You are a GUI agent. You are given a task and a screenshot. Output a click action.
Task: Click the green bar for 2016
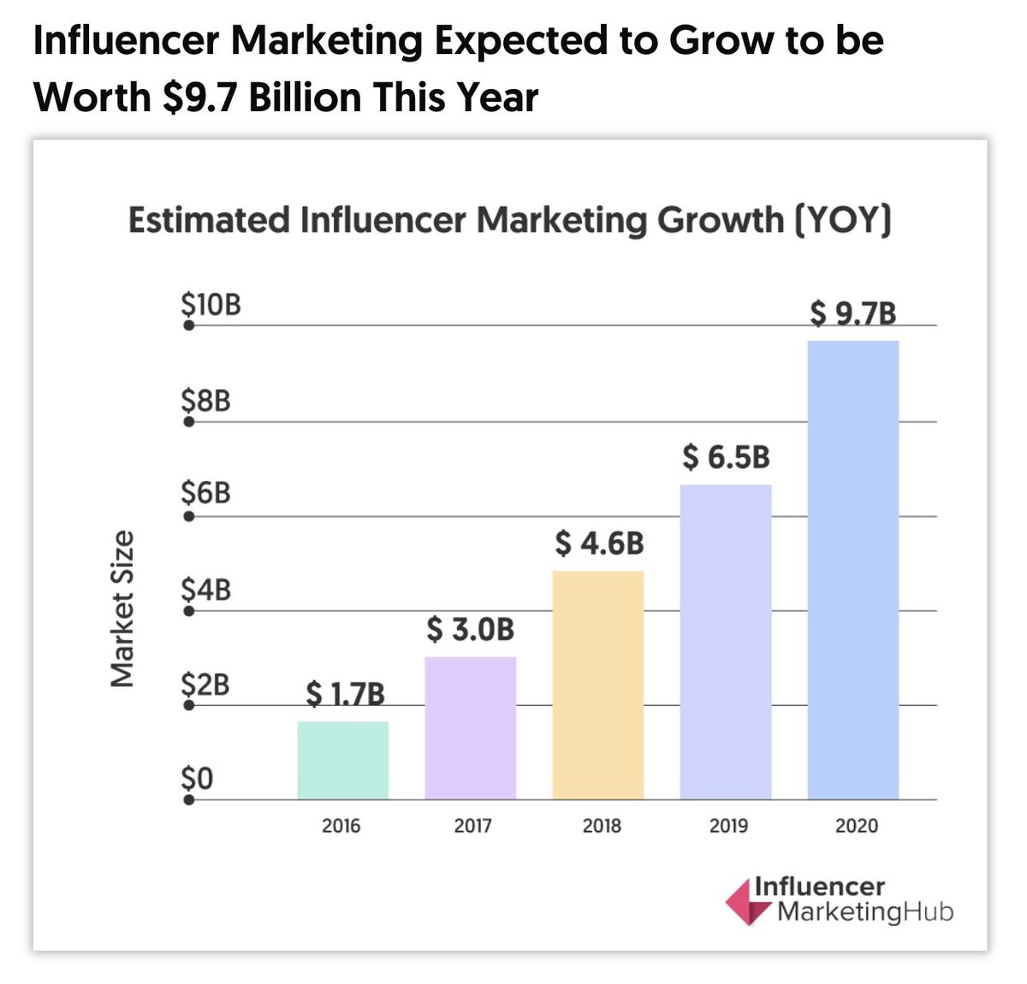pyautogui.click(x=342, y=761)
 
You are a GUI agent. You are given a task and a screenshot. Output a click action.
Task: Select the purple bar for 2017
pyautogui.click(x=470, y=728)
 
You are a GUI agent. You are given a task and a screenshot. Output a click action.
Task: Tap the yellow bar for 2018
pyautogui.click(x=597, y=685)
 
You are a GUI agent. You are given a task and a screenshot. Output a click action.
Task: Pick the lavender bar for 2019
pyautogui.click(x=725, y=642)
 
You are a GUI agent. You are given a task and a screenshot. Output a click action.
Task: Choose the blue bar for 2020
pyautogui.click(x=852, y=570)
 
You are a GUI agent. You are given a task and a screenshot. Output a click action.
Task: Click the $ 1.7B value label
pyautogui.click(x=345, y=693)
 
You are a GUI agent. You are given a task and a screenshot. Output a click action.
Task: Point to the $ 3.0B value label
pyautogui.click(x=470, y=630)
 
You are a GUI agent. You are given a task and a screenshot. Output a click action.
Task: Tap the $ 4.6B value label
pyautogui.click(x=599, y=542)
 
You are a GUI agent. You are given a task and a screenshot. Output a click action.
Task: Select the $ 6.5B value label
pyautogui.click(x=726, y=457)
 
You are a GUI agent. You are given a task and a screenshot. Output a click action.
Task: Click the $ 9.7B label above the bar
pyautogui.click(x=853, y=314)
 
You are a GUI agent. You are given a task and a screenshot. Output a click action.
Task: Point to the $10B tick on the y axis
pyautogui.click(x=211, y=304)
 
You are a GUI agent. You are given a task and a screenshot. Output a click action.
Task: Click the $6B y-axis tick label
pyautogui.click(x=205, y=493)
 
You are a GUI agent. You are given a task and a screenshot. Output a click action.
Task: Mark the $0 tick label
pyautogui.click(x=197, y=779)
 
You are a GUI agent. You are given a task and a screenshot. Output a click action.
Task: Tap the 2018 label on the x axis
pyautogui.click(x=602, y=826)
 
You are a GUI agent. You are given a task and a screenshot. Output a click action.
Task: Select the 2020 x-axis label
pyautogui.click(x=857, y=826)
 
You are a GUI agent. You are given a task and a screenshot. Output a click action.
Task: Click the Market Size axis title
pyautogui.click(x=123, y=608)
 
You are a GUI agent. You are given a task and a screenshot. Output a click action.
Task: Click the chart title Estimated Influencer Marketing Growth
pyautogui.click(x=509, y=220)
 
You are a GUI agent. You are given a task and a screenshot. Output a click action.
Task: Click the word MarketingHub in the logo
pyautogui.click(x=865, y=912)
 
